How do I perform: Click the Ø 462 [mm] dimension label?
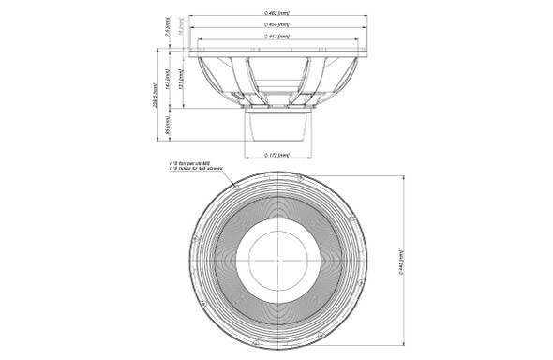pos(277,8)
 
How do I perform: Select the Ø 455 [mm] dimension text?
pos(277,22)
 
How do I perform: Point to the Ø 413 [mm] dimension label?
pos(277,36)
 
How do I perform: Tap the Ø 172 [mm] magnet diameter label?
pos(277,156)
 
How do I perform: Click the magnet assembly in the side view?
pos(276,123)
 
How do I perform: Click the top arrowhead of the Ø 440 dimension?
pos(406,178)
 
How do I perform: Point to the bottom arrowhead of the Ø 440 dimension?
pos(406,343)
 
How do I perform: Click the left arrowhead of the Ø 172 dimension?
pos(247,150)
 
